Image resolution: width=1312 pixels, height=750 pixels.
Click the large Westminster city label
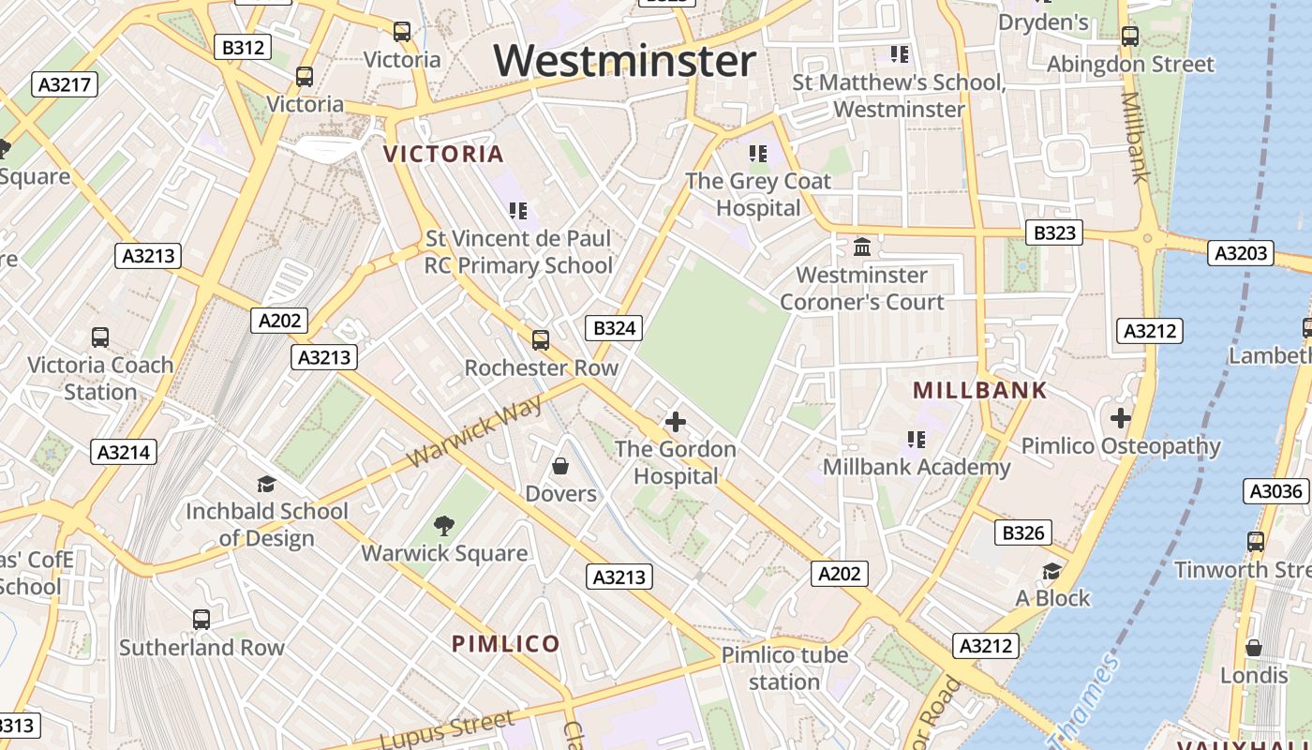[625, 61]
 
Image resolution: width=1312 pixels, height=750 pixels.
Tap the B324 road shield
[615, 328]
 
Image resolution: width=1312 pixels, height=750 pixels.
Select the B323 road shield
[1053, 232]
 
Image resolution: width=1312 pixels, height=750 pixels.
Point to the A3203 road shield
[1241, 252]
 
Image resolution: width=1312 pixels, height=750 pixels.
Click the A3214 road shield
[126, 453]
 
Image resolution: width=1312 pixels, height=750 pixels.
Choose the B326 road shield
[1023, 533]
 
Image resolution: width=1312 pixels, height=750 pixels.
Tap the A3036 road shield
[1276, 491]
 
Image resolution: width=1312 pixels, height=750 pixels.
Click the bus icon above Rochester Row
[541, 339]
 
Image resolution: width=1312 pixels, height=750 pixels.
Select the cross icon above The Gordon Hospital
[675, 422]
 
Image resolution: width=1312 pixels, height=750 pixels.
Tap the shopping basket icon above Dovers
[560, 466]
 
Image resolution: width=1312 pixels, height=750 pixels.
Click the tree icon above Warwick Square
[444, 526]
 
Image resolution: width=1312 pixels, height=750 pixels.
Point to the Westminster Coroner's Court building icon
[862, 247]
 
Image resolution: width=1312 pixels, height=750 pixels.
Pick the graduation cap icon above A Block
[1052, 571]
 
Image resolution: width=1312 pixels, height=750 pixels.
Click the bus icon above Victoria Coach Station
[100, 337]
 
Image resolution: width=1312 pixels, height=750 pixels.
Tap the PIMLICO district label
[506, 644]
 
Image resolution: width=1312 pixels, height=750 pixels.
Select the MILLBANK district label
[979, 391]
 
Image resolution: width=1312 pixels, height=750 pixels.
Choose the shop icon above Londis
[1254, 648]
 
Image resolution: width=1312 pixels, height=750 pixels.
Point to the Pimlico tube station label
[784, 667]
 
